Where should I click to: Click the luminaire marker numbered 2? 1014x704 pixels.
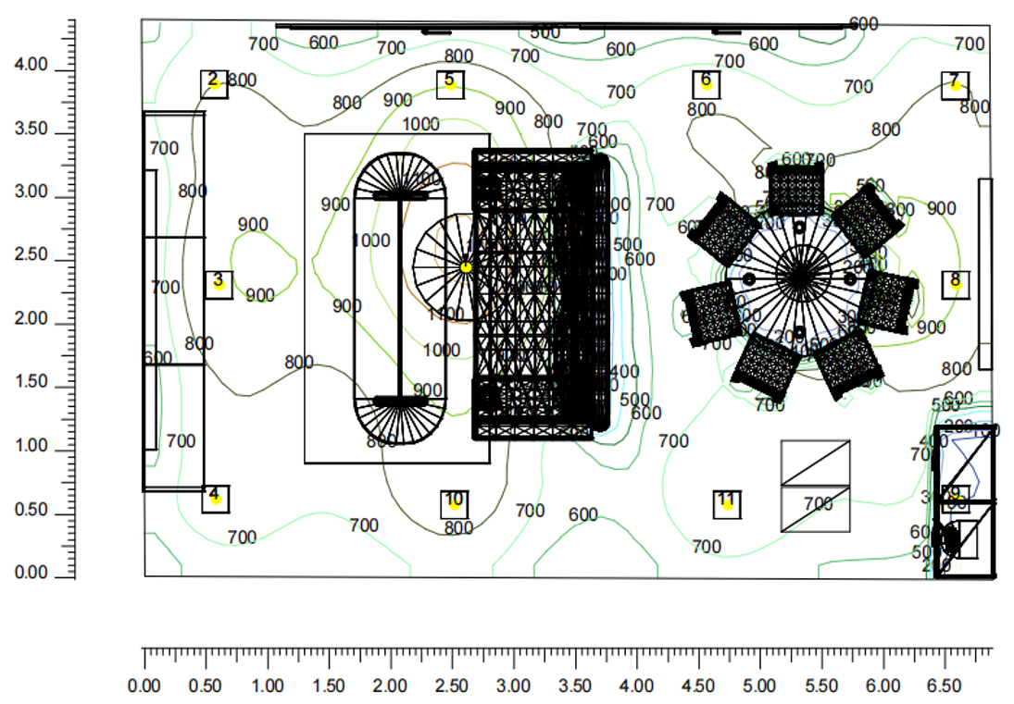[215, 84]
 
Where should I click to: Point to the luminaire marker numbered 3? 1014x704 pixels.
[219, 284]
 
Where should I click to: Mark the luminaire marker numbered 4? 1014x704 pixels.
[215, 499]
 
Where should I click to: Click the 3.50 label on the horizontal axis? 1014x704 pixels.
[575, 686]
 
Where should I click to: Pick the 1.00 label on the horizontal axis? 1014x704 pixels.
[268, 686]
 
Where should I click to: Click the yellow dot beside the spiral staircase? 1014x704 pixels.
[466, 267]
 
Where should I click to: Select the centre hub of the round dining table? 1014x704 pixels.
[799, 277]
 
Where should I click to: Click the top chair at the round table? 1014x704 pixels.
[796, 189]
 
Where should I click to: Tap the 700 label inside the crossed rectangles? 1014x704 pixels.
[819, 504]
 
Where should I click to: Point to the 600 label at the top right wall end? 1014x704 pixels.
[863, 24]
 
